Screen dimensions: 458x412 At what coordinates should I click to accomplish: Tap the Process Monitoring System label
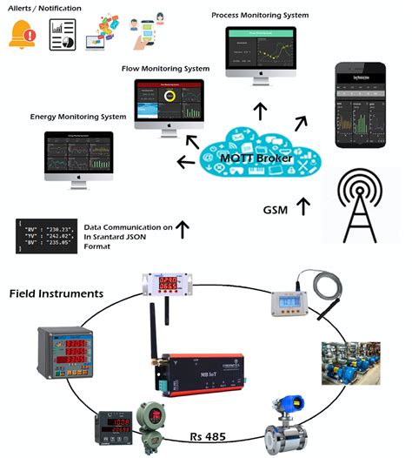click(260, 16)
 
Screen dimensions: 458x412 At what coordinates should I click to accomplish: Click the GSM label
click(276, 210)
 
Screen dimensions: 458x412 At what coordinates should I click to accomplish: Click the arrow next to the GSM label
click(302, 207)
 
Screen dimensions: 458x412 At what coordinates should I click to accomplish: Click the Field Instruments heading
click(56, 293)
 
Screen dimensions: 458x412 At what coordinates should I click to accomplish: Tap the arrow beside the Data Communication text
click(183, 229)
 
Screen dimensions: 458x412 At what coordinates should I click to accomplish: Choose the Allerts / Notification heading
click(45, 9)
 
